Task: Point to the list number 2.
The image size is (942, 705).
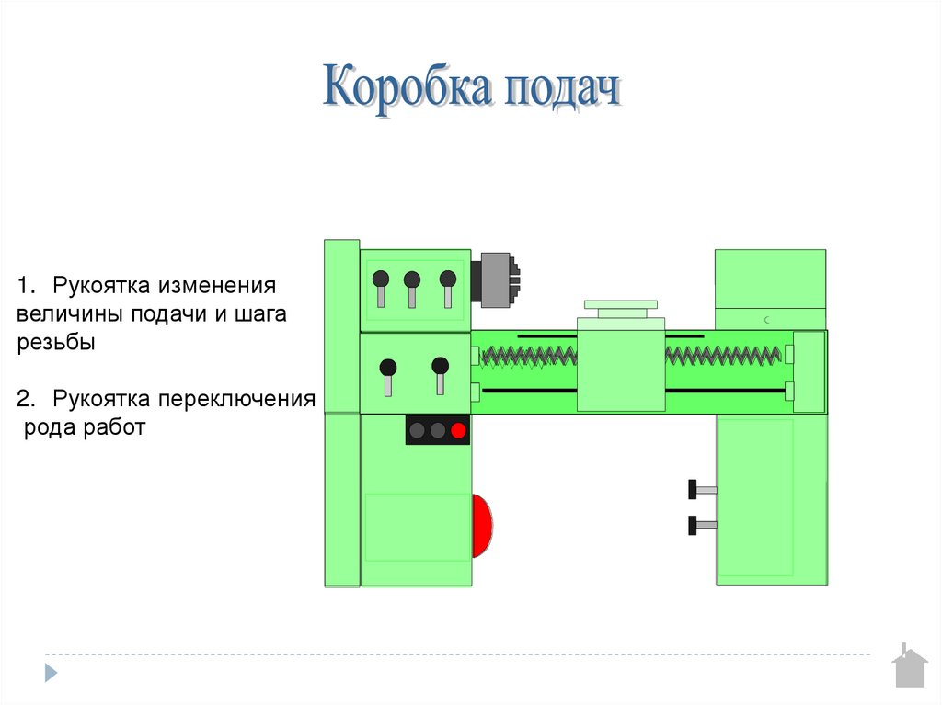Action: tap(26, 400)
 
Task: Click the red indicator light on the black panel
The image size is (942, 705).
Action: tap(458, 429)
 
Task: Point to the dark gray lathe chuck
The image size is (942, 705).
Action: tap(494, 277)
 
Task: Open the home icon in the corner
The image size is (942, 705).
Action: tap(909, 667)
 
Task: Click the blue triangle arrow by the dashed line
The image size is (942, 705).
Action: tap(52, 671)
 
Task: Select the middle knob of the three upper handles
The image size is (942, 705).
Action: tap(412, 279)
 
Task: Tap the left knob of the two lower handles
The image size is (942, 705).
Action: tap(389, 367)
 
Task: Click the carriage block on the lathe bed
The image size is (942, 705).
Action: tap(621, 365)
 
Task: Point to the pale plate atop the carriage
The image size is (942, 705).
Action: tap(621, 304)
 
